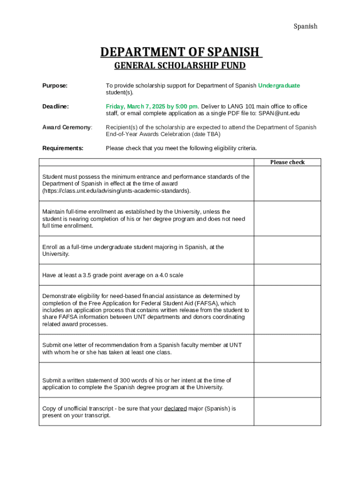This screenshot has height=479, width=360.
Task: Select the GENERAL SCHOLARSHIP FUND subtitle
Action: coord(180,65)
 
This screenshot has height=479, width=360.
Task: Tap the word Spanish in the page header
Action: coord(305,26)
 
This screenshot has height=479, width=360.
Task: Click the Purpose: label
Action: coord(55,86)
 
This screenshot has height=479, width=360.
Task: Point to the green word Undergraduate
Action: coord(279,86)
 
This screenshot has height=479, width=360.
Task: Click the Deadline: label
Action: coord(56,107)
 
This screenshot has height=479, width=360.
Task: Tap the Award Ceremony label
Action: coord(67,127)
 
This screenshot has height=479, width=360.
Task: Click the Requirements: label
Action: coord(63,148)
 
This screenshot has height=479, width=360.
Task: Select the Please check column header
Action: coord(287,162)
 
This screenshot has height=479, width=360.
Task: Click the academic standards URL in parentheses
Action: coord(116,191)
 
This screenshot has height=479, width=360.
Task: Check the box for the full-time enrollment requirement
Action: coord(287,218)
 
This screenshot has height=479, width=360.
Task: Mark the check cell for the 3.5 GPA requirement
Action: coord(287,275)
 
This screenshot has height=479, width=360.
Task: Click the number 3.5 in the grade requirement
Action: coord(87,275)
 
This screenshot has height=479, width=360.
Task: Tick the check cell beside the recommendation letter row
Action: coord(287,348)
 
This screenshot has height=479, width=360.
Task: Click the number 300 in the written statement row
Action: coord(125,380)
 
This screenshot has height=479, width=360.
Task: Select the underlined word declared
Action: coord(175,408)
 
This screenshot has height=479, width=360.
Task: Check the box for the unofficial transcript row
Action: coord(287,412)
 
